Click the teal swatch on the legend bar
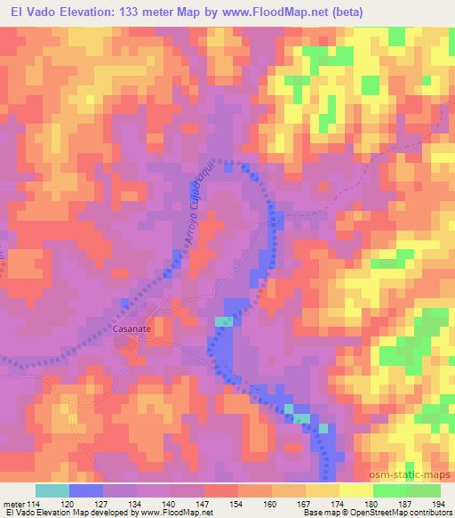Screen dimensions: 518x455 pyautogui.click(x=52, y=490)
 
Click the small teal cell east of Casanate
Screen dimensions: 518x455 pyautogui.click(x=224, y=321)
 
